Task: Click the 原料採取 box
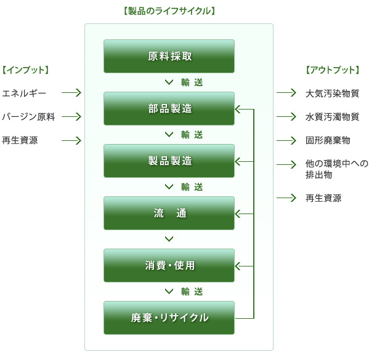tap(169, 56)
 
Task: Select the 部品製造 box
tap(169, 108)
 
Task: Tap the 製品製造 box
tap(169, 161)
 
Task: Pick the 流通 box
tap(169, 213)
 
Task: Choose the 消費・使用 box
tap(169, 265)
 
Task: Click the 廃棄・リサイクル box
tap(169, 318)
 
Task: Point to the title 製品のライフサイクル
tap(169, 11)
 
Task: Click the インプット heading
tap(25, 70)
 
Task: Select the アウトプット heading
tap(333, 70)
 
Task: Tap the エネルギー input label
tap(24, 94)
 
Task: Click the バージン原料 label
tap(28, 117)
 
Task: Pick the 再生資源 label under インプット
tap(20, 140)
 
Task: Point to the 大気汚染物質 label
tap(332, 94)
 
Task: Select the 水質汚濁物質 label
tap(332, 117)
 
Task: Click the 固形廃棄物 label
tap(328, 140)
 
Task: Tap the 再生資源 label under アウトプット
tap(323, 198)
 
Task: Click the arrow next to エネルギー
tap(71, 93)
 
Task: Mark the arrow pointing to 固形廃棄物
tap(286, 140)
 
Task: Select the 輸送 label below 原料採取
tap(192, 82)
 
